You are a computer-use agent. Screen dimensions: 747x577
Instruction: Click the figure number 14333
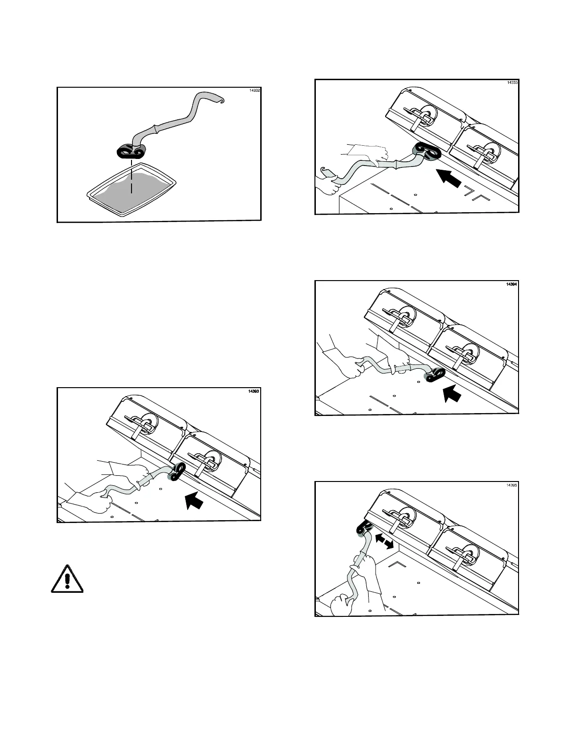[512, 83]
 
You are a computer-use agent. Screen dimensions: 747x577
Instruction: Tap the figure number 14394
[511, 284]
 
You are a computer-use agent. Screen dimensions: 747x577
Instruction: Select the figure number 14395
[511, 485]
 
